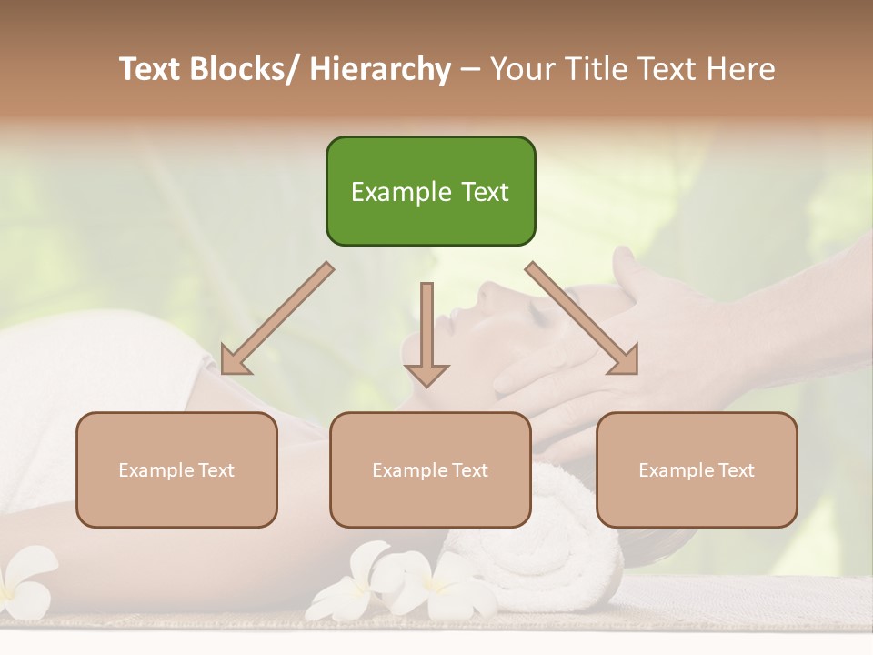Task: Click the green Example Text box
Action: [430, 191]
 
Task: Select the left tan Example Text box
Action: [176, 469]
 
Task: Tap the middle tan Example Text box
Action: [430, 469]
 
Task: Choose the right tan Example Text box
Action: [697, 469]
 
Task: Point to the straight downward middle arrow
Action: [426, 332]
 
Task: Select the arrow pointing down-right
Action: [582, 318]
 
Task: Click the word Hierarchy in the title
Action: [379, 69]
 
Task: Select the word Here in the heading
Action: [741, 69]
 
